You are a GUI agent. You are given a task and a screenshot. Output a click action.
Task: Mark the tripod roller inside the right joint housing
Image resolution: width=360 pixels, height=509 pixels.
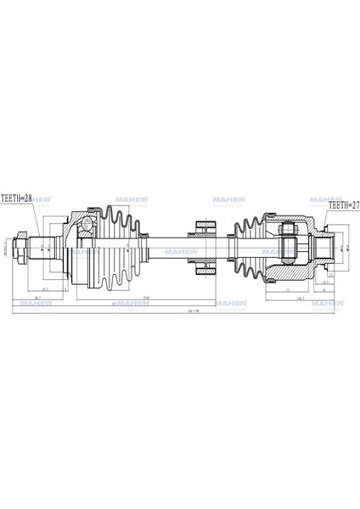(287, 246)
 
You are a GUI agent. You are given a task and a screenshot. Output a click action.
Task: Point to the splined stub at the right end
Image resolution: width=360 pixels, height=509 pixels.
(324, 247)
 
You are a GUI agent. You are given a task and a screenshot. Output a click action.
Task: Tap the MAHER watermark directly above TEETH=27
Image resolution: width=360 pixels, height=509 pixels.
(325, 199)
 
